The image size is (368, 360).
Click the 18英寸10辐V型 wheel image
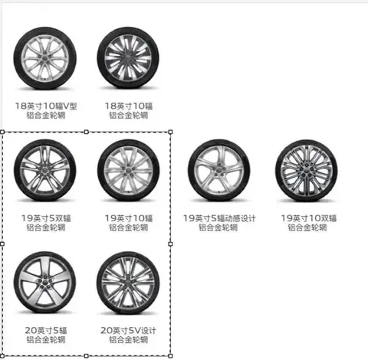click(x=45, y=58)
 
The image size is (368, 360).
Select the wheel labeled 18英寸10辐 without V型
click(x=128, y=58)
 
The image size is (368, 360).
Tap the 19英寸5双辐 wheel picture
click(x=45, y=170)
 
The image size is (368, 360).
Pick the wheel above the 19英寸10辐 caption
click(x=129, y=170)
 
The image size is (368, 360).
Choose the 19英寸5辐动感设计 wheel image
click(x=219, y=170)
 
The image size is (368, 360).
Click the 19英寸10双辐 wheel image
click(x=307, y=171)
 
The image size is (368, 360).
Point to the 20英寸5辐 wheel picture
click(x=45, y=283)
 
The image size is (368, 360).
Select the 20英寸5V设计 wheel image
click(x=128, y=283)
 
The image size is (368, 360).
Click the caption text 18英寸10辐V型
click(x=46, y=106)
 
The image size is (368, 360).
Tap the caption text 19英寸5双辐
click(x=46, y=218)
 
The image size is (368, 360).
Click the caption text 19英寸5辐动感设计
click(x=219, y=218)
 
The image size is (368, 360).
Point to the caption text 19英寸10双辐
click(x=309, y=218)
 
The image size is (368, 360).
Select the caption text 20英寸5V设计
click(x=128, y=330)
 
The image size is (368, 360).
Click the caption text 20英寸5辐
click(x=46, y=330)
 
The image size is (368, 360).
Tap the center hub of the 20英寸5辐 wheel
click(x=45, y=283)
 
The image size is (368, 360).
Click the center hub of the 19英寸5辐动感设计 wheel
click(x=219, y=170)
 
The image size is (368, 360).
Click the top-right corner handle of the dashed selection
click(x=170, y=132)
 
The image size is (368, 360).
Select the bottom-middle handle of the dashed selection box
click(x=87, y=356)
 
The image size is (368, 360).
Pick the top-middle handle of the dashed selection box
click(x=87, y=132)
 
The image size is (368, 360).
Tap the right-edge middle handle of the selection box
click(x=170, y=244)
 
